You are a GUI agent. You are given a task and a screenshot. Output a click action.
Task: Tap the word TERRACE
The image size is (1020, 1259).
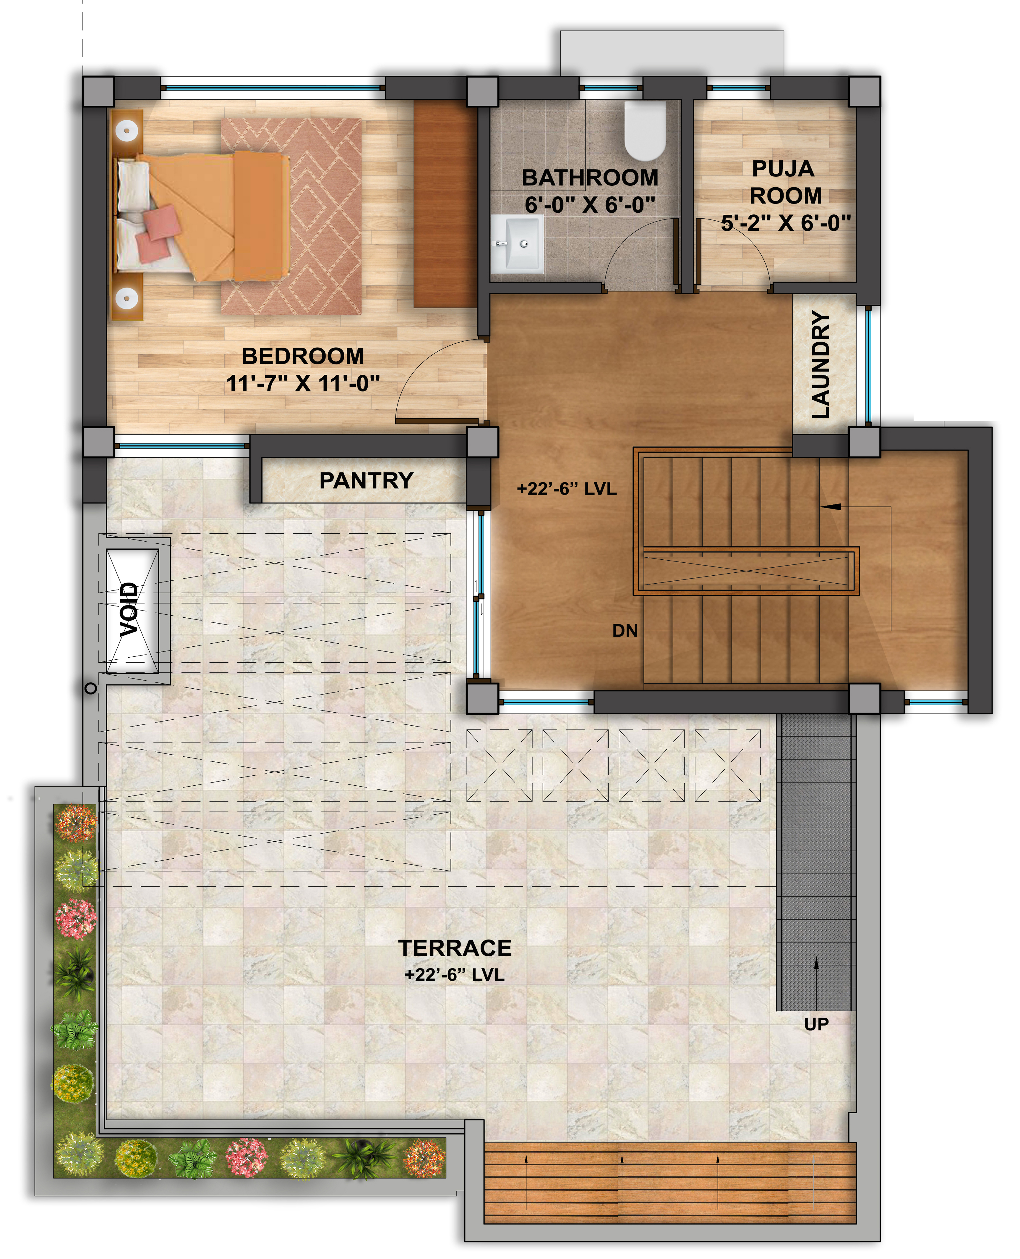click(455, 948)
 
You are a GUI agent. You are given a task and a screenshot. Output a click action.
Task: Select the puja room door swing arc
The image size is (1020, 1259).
click(746, 235)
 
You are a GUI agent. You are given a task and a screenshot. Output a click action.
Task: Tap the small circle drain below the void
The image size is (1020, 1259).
click(90, 688)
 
